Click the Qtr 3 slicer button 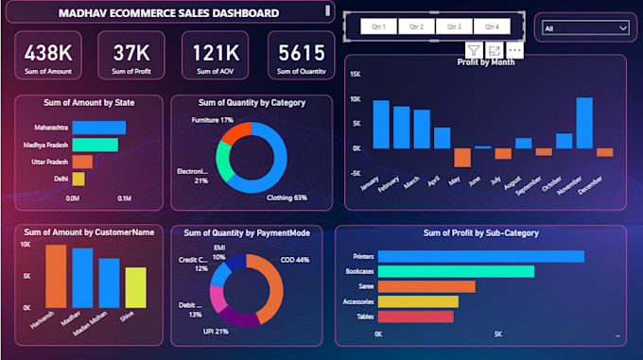[454, 26]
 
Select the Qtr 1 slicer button [379, 26]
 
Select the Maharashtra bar [98, 128]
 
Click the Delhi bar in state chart [78, 179]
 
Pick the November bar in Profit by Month [584, 123]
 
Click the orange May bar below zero [461, 157]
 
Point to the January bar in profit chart [380, 124]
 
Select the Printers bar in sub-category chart [481, 256]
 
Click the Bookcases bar [457, 271]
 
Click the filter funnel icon [473, 49]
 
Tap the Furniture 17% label [212, 120]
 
